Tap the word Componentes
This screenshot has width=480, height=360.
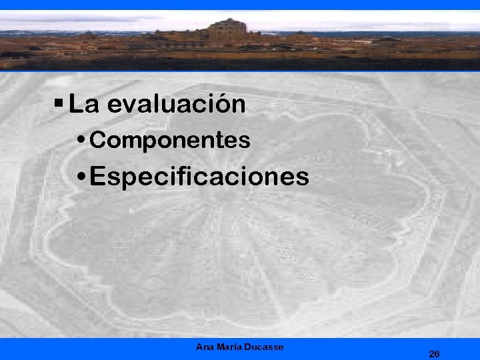pos(170,141)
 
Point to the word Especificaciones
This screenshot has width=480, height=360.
pos(199,177)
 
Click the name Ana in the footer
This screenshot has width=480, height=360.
pos(205,347)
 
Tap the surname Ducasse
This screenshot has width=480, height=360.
pos(265,347)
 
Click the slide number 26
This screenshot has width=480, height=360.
pos(434,353)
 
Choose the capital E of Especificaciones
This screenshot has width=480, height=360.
pos(97,177)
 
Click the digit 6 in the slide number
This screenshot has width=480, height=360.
pos(437,353)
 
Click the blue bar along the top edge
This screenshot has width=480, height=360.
pos(240,5)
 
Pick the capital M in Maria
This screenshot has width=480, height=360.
pos(221,347)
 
